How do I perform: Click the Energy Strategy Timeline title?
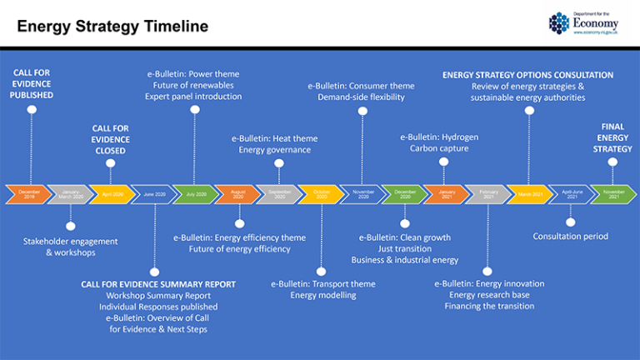click(x=112, y=27)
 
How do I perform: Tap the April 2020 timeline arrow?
click(x=112, y=193)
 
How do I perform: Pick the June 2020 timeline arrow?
click(x=153, y=193)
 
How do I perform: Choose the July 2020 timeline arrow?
click(x=195, y=193)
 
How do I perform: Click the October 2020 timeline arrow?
click(x=321, y=193)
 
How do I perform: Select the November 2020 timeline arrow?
click(x=362, y=193)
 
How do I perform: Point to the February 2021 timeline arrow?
click(x=487, y=193)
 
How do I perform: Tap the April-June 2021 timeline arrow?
click(x=571, y=193)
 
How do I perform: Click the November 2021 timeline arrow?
click(x=613, y=193)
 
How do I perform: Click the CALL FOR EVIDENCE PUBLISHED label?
click(x=32, y=84)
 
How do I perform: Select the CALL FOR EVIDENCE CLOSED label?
click(x=110, y=139)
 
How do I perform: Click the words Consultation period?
click(x=570, y=236)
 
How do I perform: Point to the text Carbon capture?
click(x=438, y=148)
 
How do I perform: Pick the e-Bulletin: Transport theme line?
click(x=322, y=283)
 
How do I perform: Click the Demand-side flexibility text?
click(x=361, y=97)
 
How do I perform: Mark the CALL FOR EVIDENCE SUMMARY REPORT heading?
click(x=157, y=284)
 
